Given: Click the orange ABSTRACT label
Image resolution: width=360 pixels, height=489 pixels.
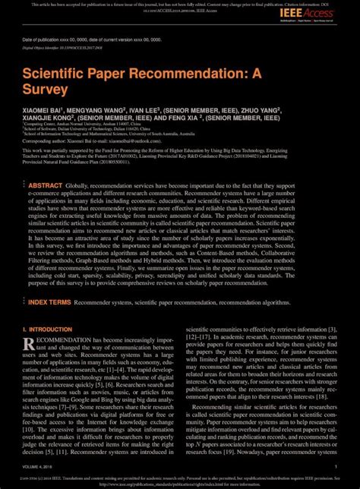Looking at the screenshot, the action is pos(46,185).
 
